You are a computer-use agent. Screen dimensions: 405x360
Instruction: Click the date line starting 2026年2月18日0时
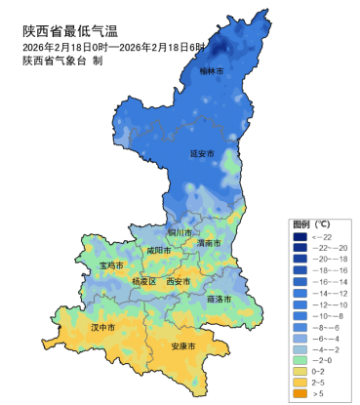point(115,47)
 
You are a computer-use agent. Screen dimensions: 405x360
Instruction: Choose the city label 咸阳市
point(158,250)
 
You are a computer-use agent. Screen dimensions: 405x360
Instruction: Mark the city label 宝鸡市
point(112,264)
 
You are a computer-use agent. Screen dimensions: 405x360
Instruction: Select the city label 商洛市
point(220,299)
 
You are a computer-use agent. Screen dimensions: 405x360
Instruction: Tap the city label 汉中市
point(103,327)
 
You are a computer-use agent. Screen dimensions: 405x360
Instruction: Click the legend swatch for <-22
point(300,237)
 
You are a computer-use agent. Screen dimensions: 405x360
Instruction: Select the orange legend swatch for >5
point(300,393)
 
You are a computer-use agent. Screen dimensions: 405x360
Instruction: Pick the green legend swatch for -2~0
point(300,360)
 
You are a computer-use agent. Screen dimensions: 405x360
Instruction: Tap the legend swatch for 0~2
point(300,372)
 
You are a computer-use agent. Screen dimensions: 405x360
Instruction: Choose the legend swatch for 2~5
point(300,383)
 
